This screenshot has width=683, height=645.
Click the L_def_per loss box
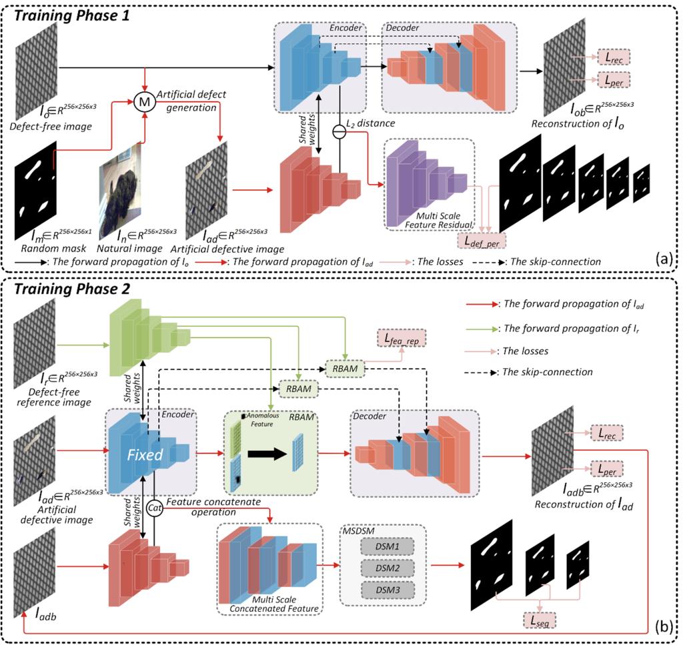(481, 239)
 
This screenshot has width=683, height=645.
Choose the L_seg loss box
(539, 621)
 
